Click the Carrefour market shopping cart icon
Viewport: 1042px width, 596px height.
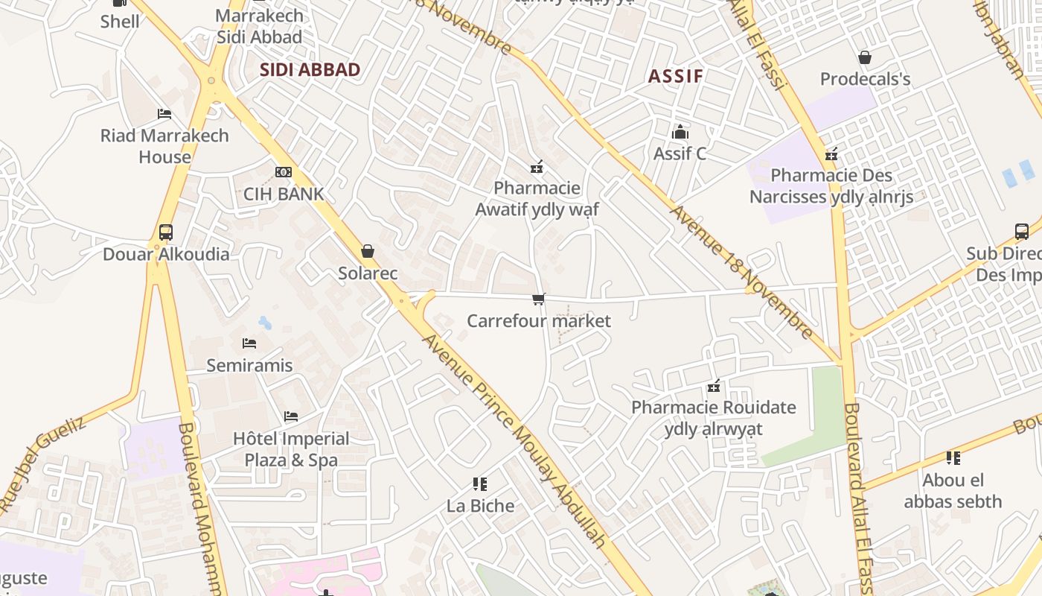(x=538, y=299)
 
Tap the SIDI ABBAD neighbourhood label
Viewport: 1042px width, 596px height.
(x=310, y=70)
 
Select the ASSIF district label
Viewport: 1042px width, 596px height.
(x=675, y=76)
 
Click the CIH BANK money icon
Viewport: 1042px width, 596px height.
(x=283, y=172)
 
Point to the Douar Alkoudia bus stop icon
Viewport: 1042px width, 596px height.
(x=166, y=232)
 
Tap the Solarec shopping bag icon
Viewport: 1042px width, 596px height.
(x=368, y=251)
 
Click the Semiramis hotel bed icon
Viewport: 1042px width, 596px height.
(x=249, y=343)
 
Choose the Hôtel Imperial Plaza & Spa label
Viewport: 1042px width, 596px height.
(x=291, y=449)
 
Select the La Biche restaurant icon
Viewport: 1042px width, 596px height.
(x=480, y=484)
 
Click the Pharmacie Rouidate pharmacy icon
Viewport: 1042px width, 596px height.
(x=714, y=386)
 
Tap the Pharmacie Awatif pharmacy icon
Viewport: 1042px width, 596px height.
(x=537, y=166)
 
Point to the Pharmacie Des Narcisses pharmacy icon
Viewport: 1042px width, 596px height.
(x=831, y=154)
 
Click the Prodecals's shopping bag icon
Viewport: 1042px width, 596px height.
(x=865, y=57)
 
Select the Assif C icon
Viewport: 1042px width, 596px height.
(x=680, y=132)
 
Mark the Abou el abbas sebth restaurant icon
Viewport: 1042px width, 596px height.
(x=953, y=457)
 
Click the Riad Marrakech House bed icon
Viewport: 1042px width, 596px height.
(x=164, y=113)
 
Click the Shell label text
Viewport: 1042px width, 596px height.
(x=120, y=21)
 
